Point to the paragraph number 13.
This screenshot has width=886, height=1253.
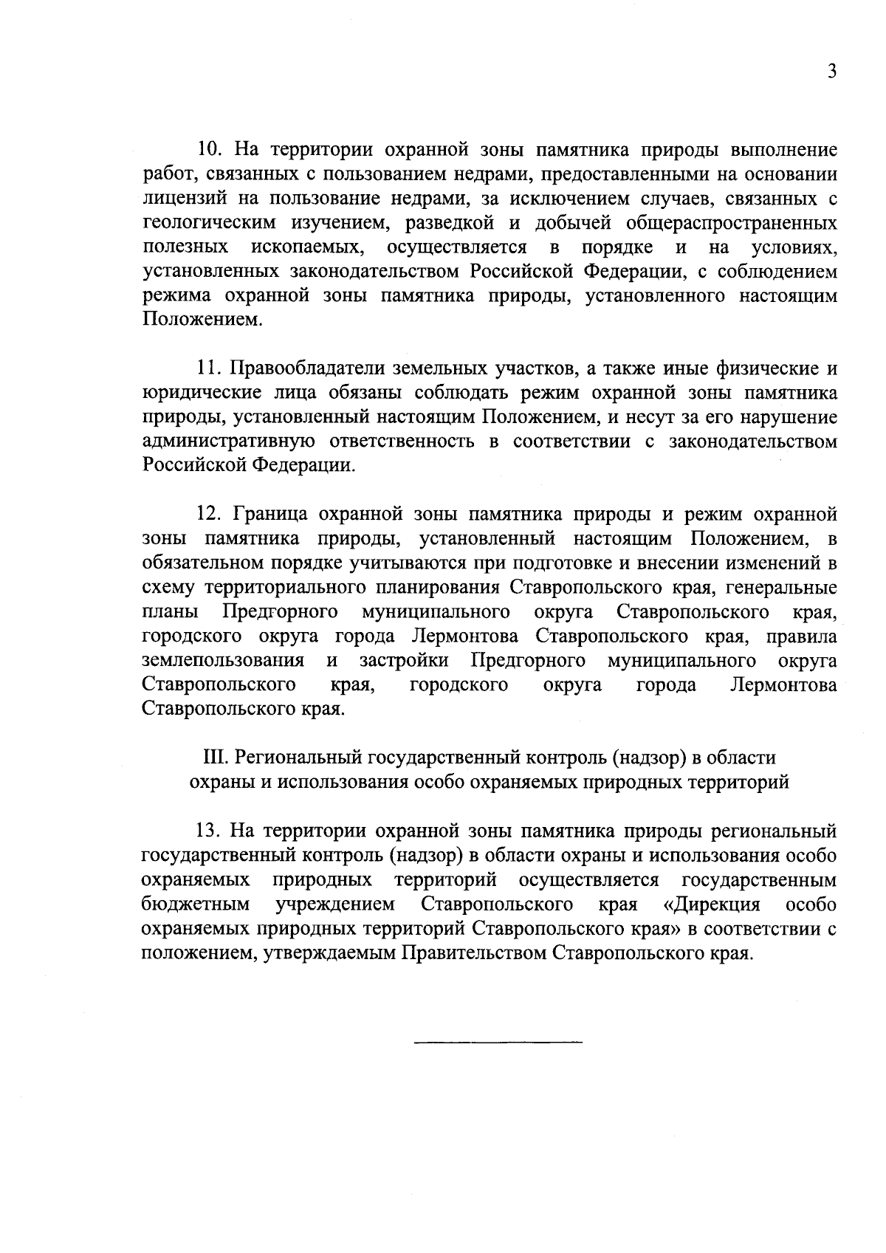point(208,831)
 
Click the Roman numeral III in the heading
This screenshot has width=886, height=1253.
point(213,758)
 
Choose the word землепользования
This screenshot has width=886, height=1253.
point(223,660)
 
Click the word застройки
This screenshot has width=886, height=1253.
point(403,660)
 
